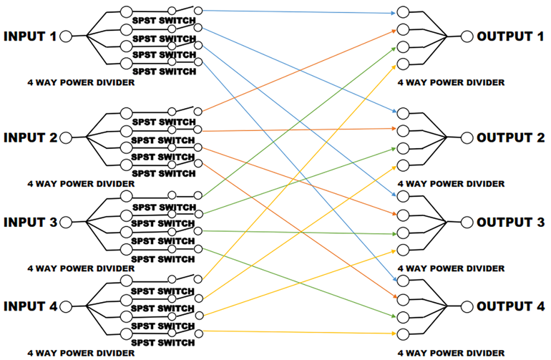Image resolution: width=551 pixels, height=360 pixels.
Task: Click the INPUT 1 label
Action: point(30,36)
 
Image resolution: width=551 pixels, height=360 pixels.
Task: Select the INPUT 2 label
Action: point(30,137)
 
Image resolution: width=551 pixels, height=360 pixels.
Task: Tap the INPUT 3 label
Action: point(30,222)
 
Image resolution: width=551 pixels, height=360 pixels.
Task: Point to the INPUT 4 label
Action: point(30,306)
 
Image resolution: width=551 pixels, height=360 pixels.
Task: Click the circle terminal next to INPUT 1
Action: point(67,37)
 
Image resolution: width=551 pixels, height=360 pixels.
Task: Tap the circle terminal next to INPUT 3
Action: point(67,223)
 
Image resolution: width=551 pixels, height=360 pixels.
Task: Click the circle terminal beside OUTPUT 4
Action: point(467,307)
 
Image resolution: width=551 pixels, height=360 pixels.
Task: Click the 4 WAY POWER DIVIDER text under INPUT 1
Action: point(81,83)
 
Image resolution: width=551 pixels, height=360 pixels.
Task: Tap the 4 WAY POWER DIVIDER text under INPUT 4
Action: point(81,353)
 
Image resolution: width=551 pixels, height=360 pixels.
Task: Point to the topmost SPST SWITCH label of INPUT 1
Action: point(164,21)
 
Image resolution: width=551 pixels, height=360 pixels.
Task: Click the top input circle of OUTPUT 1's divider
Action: point(403,14)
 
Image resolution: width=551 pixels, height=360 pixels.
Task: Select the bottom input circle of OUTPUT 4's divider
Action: point(403,334)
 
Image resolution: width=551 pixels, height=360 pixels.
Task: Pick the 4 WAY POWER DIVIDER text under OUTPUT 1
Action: point(452,83)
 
